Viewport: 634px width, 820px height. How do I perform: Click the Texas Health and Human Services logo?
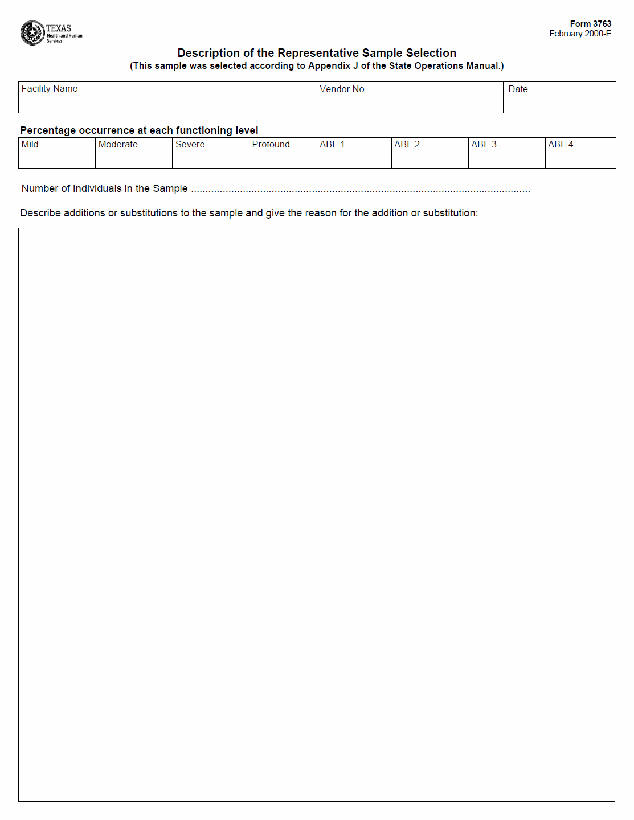pyautogui.click(x=51, y=33)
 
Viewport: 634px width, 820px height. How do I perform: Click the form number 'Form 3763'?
pyautogui.click(x=590, y=24)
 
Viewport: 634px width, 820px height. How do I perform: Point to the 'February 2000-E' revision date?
pyautogui.click(x=580, y=34)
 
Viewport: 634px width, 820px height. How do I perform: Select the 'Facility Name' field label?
pyautogui.click(x=50, y=89)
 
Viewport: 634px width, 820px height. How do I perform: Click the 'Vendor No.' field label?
pyautogui.click(x=343, y=89)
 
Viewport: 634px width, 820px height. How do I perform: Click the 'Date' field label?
pyautogui.click(x=518, y=89)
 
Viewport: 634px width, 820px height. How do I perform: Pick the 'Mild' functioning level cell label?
pyautogui.click(x=30, y=145)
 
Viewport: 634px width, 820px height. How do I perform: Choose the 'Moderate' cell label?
pyautogui.click(x=118, y=145)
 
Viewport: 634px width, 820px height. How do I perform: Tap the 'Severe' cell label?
pyautogui.click(x=190, y=145)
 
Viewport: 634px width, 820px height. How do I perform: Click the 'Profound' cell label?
pyautogui.click(x=271, y=145)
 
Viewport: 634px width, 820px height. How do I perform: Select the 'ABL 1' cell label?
pyautogui.click(x=332, y=145)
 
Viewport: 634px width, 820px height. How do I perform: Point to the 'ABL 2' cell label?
pyautogui.click(x=407, y=145)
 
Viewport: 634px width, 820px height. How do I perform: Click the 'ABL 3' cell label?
pyautogui.click(x=484, y=145)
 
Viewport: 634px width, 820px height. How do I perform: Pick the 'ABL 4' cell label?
pyautogui.click(x=561, y=145)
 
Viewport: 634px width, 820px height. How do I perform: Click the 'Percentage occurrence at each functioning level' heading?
pyautogui.click(x=139, y=130)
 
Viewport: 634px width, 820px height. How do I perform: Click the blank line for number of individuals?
pyautogui.click(x=572, y=191)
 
